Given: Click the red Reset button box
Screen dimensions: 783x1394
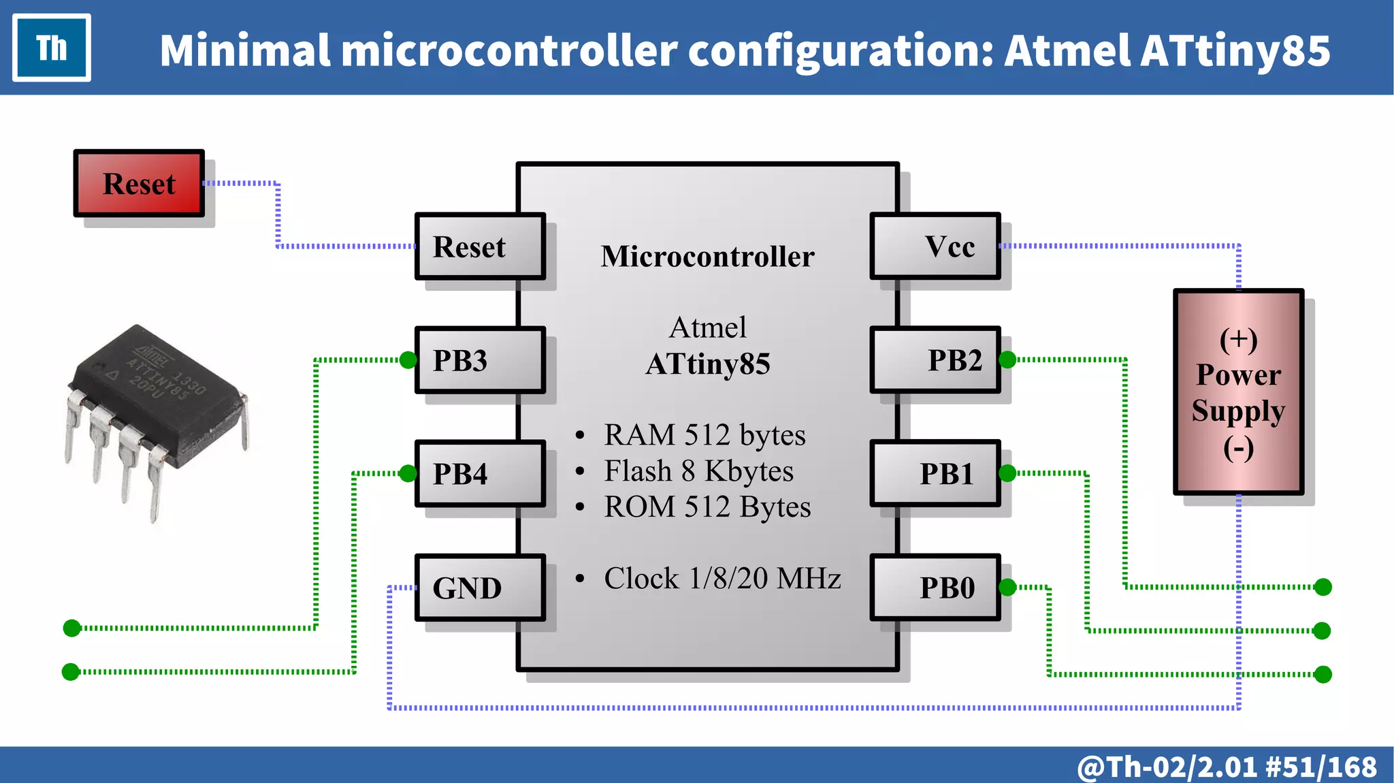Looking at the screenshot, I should tap(139, 184).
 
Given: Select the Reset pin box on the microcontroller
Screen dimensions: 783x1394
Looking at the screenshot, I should tap(480, 246).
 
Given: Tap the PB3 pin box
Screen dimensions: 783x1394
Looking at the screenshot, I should tap(480, 360).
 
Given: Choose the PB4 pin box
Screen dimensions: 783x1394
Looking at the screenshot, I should tap(480, 474).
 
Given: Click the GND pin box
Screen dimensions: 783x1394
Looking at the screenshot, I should tap(480, 588).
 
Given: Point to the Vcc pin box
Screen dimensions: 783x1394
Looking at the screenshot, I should tap(935, 246).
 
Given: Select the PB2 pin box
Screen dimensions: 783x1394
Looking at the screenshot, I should tap(935, 360).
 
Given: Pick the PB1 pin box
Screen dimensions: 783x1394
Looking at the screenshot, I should tap(935, 474).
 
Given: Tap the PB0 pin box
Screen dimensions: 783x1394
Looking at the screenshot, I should tap(935, 588).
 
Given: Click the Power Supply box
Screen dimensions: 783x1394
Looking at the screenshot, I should tap(1238, 391).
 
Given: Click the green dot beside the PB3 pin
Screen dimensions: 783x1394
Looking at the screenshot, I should tap(408, 359).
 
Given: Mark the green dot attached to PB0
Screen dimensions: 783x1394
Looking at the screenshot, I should tap(1008, 587).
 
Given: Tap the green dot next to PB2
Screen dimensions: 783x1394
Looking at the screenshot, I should tap(1008, 359).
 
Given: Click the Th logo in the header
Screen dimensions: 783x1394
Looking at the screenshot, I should tap(52, 48).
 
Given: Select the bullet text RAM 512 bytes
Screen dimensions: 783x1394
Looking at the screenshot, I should tap(704, 435).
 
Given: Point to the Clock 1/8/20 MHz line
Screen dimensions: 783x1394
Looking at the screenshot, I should tap(722, 579).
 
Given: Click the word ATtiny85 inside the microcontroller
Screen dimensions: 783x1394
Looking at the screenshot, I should tap(708, 364).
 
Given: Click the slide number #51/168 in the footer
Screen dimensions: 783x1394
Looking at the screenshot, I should tap(1320, 767).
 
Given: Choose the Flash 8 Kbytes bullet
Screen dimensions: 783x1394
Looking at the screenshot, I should tap(698, 471).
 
